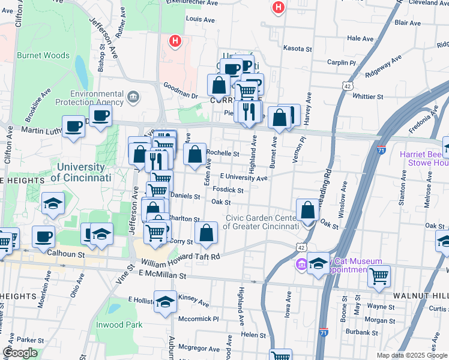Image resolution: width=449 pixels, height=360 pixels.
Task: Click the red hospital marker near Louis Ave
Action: coord(175,41)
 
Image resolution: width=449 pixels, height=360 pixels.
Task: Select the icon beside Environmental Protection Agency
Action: coord(133,95)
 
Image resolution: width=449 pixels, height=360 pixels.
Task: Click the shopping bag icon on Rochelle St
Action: coord(194,154)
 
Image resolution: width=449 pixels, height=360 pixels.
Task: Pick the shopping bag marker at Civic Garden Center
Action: coord(307,211)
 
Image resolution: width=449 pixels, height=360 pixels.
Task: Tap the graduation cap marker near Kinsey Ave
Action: coord(165,302)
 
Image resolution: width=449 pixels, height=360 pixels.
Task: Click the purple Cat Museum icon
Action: coord(301,264)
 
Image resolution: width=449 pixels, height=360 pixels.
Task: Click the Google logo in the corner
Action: coord(20,353)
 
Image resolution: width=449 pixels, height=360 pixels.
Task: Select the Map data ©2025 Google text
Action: coord(411,355)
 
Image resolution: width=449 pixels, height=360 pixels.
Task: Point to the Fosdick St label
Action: coord(228,190)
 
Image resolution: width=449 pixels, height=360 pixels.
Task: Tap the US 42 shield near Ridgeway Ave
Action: coord(348,86)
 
